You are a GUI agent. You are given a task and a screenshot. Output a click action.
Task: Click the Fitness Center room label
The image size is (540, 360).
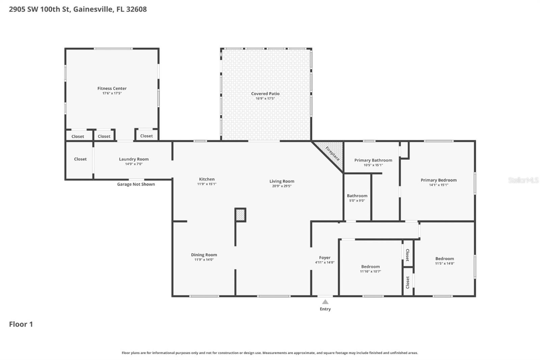click(x=112, y=88)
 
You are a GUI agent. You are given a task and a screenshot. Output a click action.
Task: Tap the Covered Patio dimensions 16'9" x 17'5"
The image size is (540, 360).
click(x=265, y=99)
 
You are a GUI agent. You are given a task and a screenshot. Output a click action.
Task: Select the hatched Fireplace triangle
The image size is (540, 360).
click(x=332, y=153)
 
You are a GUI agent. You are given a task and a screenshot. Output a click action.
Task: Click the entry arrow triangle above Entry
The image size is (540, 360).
click(x=325, y=302)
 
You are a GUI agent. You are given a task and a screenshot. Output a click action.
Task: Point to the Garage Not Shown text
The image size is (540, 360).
click(x=136, y=184)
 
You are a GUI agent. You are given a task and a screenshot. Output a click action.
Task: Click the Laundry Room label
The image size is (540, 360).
click(x=134, y=159)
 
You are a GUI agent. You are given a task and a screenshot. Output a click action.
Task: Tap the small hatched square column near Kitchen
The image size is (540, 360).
click(x=240, y=215)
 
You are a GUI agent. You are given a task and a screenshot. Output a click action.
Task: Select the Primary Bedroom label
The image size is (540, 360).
click(x=438, y=180)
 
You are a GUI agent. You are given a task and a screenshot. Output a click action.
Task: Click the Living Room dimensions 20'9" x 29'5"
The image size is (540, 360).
click(x=282, y=186)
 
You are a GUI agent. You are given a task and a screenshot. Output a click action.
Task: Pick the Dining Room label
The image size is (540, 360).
click(x=204, y=255)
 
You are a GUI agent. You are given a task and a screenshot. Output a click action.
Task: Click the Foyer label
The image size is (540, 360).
click(x=325, y=258)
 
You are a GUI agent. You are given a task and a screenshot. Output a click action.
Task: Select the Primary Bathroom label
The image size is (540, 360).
click(x=373, y=160)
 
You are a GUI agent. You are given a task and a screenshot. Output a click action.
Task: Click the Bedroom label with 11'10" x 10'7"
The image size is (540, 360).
click(x=370, y=267)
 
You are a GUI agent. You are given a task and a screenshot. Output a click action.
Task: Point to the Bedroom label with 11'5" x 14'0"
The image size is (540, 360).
click(x=444, y=259)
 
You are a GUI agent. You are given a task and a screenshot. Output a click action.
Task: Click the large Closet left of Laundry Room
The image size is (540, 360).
click(x=80, y=159)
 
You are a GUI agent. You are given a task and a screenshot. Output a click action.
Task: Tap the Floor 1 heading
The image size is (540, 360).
click(x=21, y=324)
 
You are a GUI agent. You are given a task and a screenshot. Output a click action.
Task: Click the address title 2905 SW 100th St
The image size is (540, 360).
click(x=78, y=9)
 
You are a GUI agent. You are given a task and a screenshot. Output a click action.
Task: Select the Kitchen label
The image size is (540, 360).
click(x=207, y=179)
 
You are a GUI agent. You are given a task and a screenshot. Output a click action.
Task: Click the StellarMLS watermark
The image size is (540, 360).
click(x=523, y=180)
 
